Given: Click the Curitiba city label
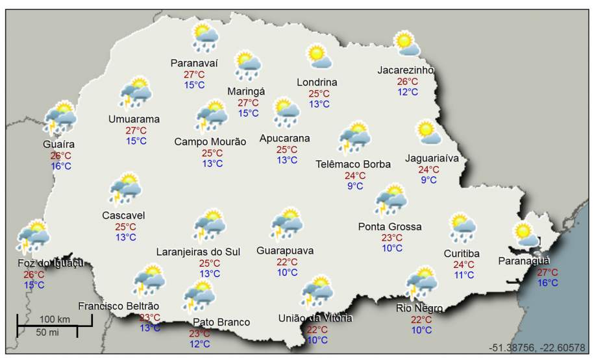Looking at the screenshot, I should [x=462, y=253].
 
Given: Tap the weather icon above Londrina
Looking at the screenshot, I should [x=319, y=56].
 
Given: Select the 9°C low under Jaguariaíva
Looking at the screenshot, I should [x=428, y=180].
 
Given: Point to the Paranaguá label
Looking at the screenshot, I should [x=524, y=261].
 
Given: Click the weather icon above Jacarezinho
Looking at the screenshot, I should [x=407, y=43].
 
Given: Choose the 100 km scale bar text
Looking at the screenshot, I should [x=55, y=320].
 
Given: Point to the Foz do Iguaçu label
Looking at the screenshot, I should [x=51, y=263].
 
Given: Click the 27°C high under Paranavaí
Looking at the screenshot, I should [x=193, y=74].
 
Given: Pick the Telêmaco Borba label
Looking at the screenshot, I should [x=353, y=164].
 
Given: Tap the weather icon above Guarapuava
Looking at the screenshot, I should [x=286, y=224].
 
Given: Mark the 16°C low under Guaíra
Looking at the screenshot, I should [x=61, y=166].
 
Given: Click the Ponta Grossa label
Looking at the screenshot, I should [x=390, y=226].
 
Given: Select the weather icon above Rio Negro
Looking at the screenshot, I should [x=421, y=283].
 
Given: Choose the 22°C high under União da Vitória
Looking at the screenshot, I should [x=317, y=329].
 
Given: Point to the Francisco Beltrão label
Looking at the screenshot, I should [x=119, y=306].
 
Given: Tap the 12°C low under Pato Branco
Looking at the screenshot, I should [x=200, y=344].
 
